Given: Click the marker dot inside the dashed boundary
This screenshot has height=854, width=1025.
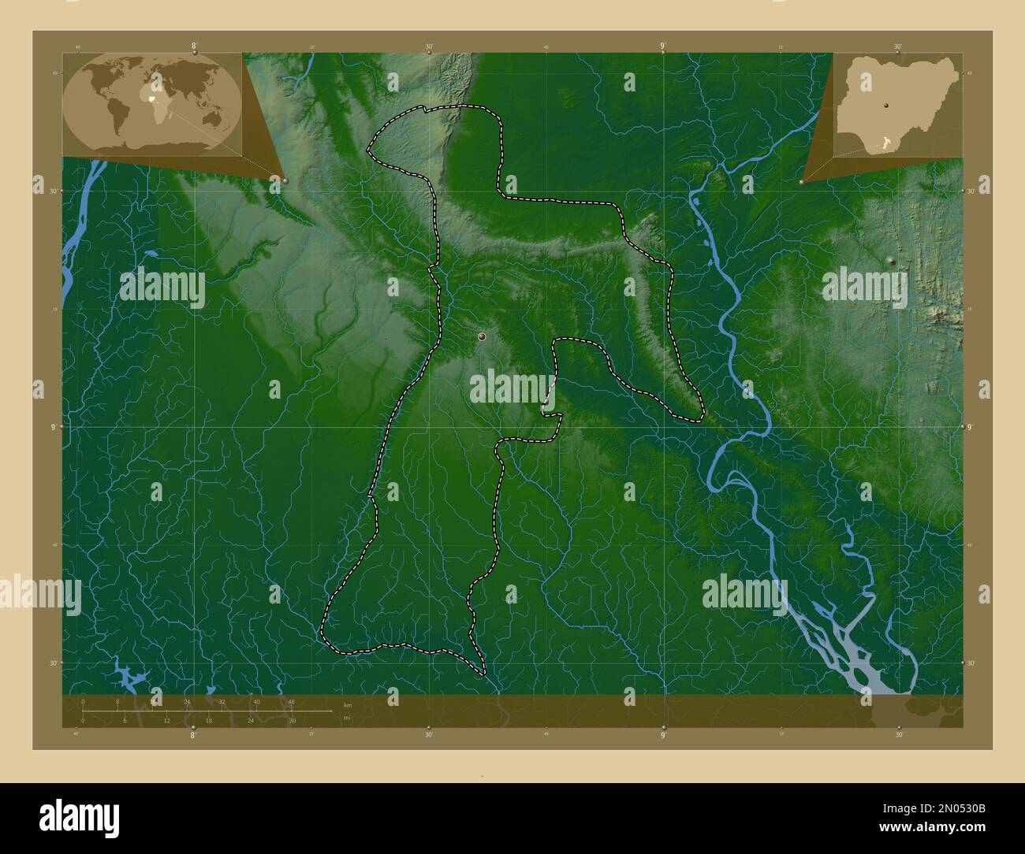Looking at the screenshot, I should click(482, 337).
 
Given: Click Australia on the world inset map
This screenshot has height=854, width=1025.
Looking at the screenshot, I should click(211, 117).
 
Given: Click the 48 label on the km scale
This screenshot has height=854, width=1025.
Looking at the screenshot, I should click(291, 701).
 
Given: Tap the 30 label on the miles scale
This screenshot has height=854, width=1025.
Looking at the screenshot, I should click(292, 720).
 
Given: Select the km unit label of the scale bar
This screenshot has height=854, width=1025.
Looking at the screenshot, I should click(347, 704).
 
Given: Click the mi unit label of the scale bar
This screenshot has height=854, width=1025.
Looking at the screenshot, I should click(346, 718).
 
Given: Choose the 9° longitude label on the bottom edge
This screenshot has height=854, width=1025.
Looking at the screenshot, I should click(663, 734).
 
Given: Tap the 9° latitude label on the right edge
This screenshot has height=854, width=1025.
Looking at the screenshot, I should click(972, 427).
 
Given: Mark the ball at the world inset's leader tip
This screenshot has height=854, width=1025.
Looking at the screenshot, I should click(285, 180).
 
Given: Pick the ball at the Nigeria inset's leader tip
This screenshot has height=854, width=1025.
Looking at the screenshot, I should click(802, 182).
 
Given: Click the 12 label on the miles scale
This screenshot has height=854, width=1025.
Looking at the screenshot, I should click(166, 720).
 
